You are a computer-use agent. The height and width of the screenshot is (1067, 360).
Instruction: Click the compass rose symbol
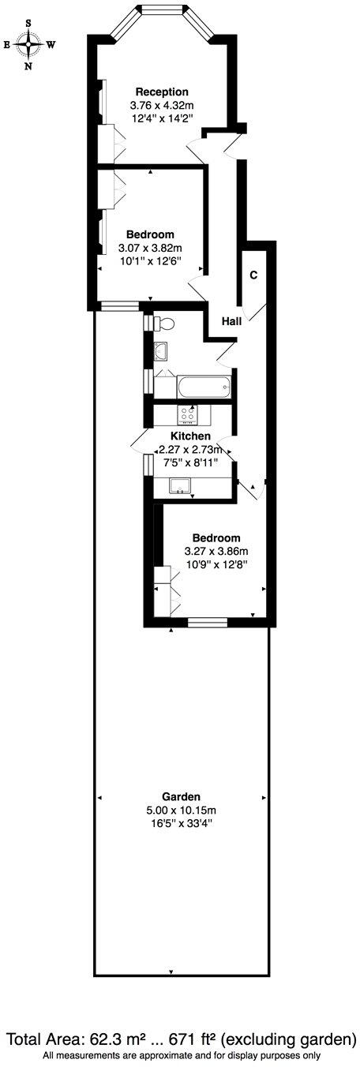pyautogui.click(x=29, y=45)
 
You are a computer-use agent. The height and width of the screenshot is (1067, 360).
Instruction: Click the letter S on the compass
pyautogui.click(x=29, y=24)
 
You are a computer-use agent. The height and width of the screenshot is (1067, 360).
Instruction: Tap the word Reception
pyautogui.click(x=162, y=92)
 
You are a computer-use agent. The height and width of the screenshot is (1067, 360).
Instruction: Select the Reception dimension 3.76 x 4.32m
pyautogui.click(x=162, y=104)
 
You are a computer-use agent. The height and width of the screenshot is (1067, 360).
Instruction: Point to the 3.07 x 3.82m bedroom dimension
pyautogui.click(x=149, y=248)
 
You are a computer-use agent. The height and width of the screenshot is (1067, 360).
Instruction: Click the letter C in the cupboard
pyautogui.click(x=253, y=275)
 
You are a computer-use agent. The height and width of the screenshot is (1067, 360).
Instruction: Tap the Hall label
pyautogui.click(x=231, y=321)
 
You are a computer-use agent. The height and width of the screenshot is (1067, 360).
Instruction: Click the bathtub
pyautogui.click(x=204, y=387)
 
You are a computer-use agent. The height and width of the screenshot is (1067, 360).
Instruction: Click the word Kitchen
pyautogui.click(x=190, y=436)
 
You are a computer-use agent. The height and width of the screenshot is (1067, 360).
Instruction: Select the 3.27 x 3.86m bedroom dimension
pyautogui.click(x=216, y=551)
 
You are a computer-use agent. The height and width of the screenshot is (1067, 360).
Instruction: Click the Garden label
pyautogui.click(x=181, y=796)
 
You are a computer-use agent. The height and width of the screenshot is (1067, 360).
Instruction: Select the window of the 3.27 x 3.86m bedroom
pyautogui.click(x=208, y=623)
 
